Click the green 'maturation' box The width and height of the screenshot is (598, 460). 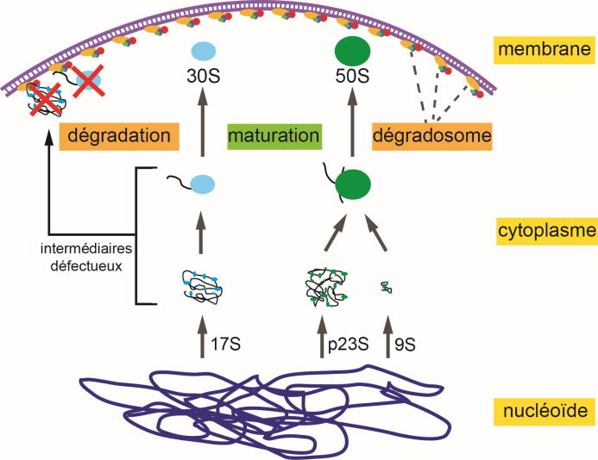(x=274, y=136)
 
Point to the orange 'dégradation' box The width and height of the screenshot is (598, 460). (x=119, y=136)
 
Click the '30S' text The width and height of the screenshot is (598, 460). (x=204, y=76)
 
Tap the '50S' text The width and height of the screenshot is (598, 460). (x=351, y=76)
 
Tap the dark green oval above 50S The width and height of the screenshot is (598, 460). (x=351, y=48)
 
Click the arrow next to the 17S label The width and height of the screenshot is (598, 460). (x=203, y=337)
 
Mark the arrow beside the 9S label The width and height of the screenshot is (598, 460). (x=386, y=337)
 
